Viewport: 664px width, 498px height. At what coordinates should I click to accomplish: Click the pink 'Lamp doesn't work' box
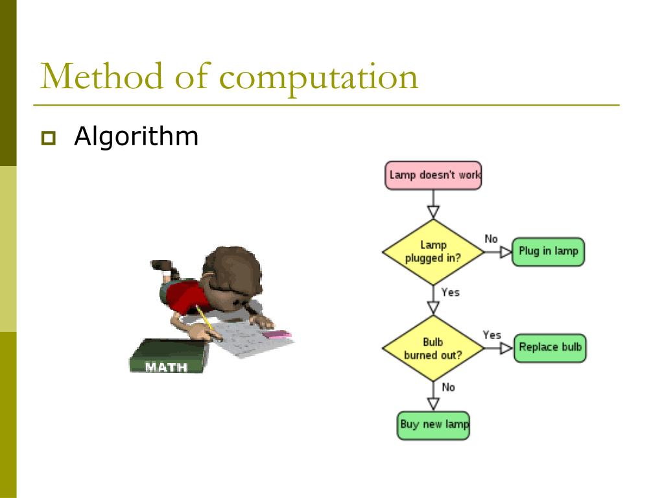tap(433, 175)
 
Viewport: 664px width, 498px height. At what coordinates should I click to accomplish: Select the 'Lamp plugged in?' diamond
tap(433, 252)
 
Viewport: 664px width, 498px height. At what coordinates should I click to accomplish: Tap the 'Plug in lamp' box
tap(548, 252)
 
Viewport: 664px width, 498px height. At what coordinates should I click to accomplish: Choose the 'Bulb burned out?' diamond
tap(433, 348)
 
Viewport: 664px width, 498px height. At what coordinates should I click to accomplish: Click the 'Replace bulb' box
tap(550, 348)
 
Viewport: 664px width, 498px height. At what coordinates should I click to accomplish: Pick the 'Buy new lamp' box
tap(433, 425)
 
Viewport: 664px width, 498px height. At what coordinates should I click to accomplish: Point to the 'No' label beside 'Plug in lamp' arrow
tap(492, 239)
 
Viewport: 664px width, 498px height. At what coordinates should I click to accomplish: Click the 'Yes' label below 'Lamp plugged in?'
tap(450, 292)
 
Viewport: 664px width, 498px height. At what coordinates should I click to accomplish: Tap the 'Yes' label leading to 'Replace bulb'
tap(492, 335)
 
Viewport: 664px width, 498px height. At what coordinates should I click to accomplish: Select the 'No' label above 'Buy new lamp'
tap(448, 387)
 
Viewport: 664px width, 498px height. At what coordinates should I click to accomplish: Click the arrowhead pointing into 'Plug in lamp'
tap(506, 252)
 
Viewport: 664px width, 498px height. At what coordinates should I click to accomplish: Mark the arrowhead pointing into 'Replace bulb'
tap(506, 348)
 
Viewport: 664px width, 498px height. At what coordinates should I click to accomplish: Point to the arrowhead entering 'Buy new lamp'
tap(433, 403)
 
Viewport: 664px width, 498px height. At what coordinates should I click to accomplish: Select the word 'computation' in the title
tap(318, 78)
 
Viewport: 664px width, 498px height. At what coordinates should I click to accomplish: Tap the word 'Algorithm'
tap(136, 137)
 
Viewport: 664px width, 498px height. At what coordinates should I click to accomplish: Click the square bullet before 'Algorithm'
tap(48, 138)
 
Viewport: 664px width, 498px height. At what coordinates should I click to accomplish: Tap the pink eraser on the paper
tap(277, 335)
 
